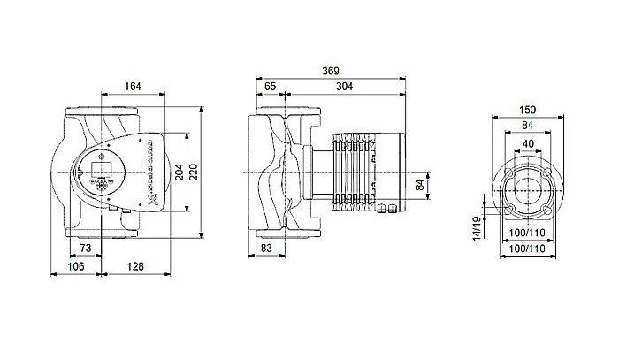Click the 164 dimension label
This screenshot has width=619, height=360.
(x=132, y=87)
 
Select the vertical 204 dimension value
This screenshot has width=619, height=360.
(x=180, y=172)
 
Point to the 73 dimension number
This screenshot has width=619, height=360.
(x=87, y=249)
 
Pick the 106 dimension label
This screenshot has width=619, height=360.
(x=77, y=265)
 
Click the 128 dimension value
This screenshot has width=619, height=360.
(x=132, y=265)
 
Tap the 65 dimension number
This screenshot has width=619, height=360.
(x=270, y=87)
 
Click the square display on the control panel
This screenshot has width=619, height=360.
(x=100, y=165)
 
